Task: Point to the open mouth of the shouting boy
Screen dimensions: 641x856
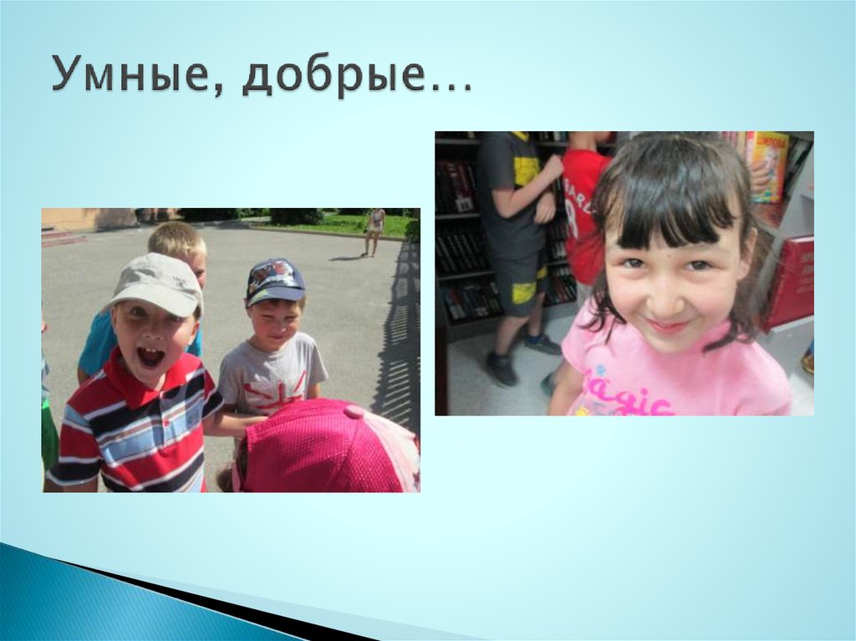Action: tap(151, 357)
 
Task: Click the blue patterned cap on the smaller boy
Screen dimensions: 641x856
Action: tap(274, 281)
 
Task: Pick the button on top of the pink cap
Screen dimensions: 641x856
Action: tap(354, 411)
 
